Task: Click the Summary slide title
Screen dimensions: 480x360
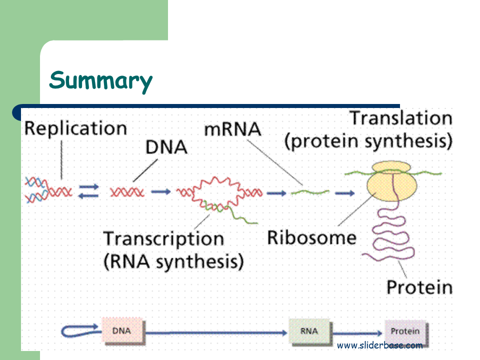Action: (100, 80)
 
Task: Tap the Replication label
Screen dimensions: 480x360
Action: (75, 128)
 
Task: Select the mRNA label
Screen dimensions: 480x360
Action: (232, 129)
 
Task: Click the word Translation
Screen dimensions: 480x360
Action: (401, 118)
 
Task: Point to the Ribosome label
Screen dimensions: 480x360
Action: (312, 237)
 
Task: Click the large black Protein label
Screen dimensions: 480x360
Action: (419, 287)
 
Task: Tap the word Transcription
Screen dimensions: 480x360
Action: (163, 239)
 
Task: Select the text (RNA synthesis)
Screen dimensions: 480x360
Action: (173, 262)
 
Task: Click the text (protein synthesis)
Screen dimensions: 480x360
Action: (368, 141)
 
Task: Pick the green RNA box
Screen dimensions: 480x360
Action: (309, 331)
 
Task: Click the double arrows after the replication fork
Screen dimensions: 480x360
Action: (89, 191)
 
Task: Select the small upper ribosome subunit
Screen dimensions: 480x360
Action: (391, 167)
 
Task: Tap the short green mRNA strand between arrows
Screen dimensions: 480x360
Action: (310, 192)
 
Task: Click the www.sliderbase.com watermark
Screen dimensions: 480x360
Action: (379, 345)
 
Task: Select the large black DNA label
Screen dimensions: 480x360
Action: (166, 147)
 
